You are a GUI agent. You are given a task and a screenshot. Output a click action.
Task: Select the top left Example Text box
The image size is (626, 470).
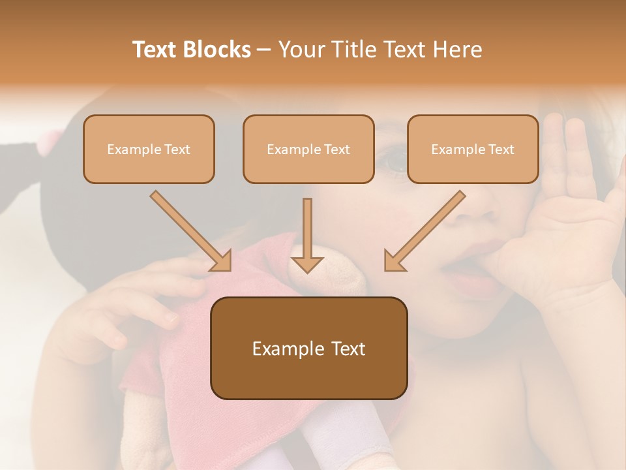click(149, 149)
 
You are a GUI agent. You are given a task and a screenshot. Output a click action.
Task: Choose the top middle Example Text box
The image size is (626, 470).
click(308, 149)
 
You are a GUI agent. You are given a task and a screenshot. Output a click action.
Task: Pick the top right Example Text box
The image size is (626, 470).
click(473, 149)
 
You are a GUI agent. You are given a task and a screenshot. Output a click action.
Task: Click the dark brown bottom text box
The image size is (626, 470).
click(308, 349)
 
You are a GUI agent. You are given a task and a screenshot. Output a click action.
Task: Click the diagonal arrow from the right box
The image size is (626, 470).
click(424, 232)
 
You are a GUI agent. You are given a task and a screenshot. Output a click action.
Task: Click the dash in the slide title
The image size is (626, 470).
click(265, 50)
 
